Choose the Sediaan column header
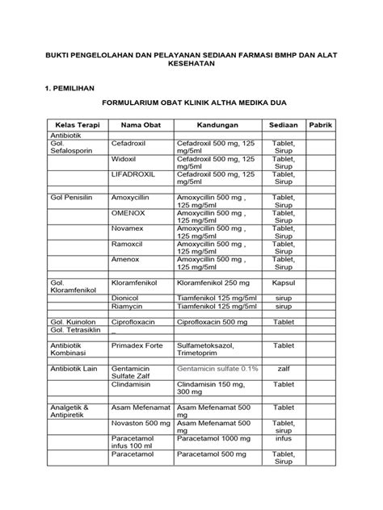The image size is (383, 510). [284, 127]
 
